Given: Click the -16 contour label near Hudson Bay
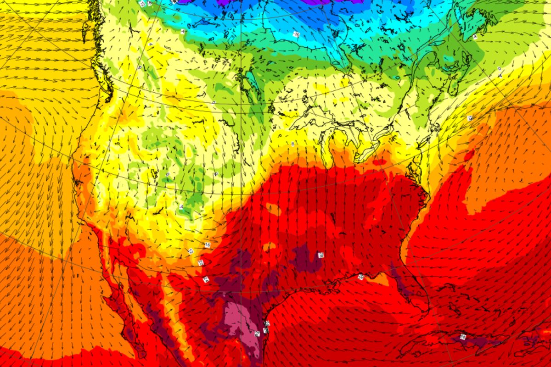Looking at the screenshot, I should (x=297, y=34).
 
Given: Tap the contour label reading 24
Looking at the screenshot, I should (x=206, y=279).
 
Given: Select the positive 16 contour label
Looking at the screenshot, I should (x=208, y=245).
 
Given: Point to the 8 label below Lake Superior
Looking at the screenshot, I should (x=292, y=145).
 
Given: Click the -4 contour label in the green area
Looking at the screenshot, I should (x=181, y=207).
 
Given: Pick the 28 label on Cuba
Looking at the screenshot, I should (x=463, y=337).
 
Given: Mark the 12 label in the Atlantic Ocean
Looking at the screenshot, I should (x=470, y=118).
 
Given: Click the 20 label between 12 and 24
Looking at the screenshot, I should (x=201, y=262).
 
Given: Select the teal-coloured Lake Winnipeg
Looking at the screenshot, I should (x=250, y=80).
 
